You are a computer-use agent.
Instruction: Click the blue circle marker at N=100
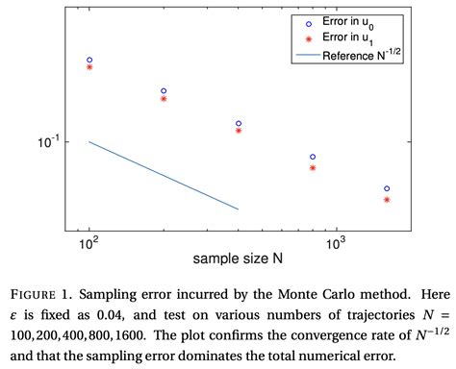pos(89,60)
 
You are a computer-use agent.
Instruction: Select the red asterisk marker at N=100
pos(89,67)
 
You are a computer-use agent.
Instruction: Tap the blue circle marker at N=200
pos(164,91)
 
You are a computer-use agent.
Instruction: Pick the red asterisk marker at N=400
pos(239,131)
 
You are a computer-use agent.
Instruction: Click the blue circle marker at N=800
pos(313,157)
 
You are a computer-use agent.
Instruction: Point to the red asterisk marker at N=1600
pos(387,200)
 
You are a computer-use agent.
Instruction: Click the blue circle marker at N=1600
pos(387,189)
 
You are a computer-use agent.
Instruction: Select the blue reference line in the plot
pos(164,176)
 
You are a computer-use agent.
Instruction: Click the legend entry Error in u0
pos(355,21)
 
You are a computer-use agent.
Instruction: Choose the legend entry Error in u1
pos(355,37)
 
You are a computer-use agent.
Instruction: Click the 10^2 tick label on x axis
pos(89,244)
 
